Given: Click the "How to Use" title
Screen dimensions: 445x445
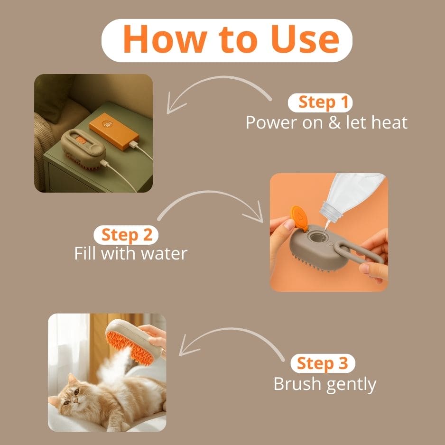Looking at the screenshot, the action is coord(231,39).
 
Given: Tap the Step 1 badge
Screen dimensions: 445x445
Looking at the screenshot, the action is coord(320,102).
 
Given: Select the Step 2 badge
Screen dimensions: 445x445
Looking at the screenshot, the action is coord(126,235).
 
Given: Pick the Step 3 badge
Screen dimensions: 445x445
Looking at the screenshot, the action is coord(323,363).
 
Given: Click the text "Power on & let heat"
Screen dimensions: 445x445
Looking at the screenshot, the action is coord(326,122).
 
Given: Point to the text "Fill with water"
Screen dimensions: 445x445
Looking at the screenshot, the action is coord(131,253).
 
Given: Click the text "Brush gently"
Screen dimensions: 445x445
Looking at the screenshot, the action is coord(325,384).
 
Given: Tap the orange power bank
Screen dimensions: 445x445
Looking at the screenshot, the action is coord(114,130).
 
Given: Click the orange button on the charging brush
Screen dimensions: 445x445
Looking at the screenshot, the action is coord(81,140).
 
